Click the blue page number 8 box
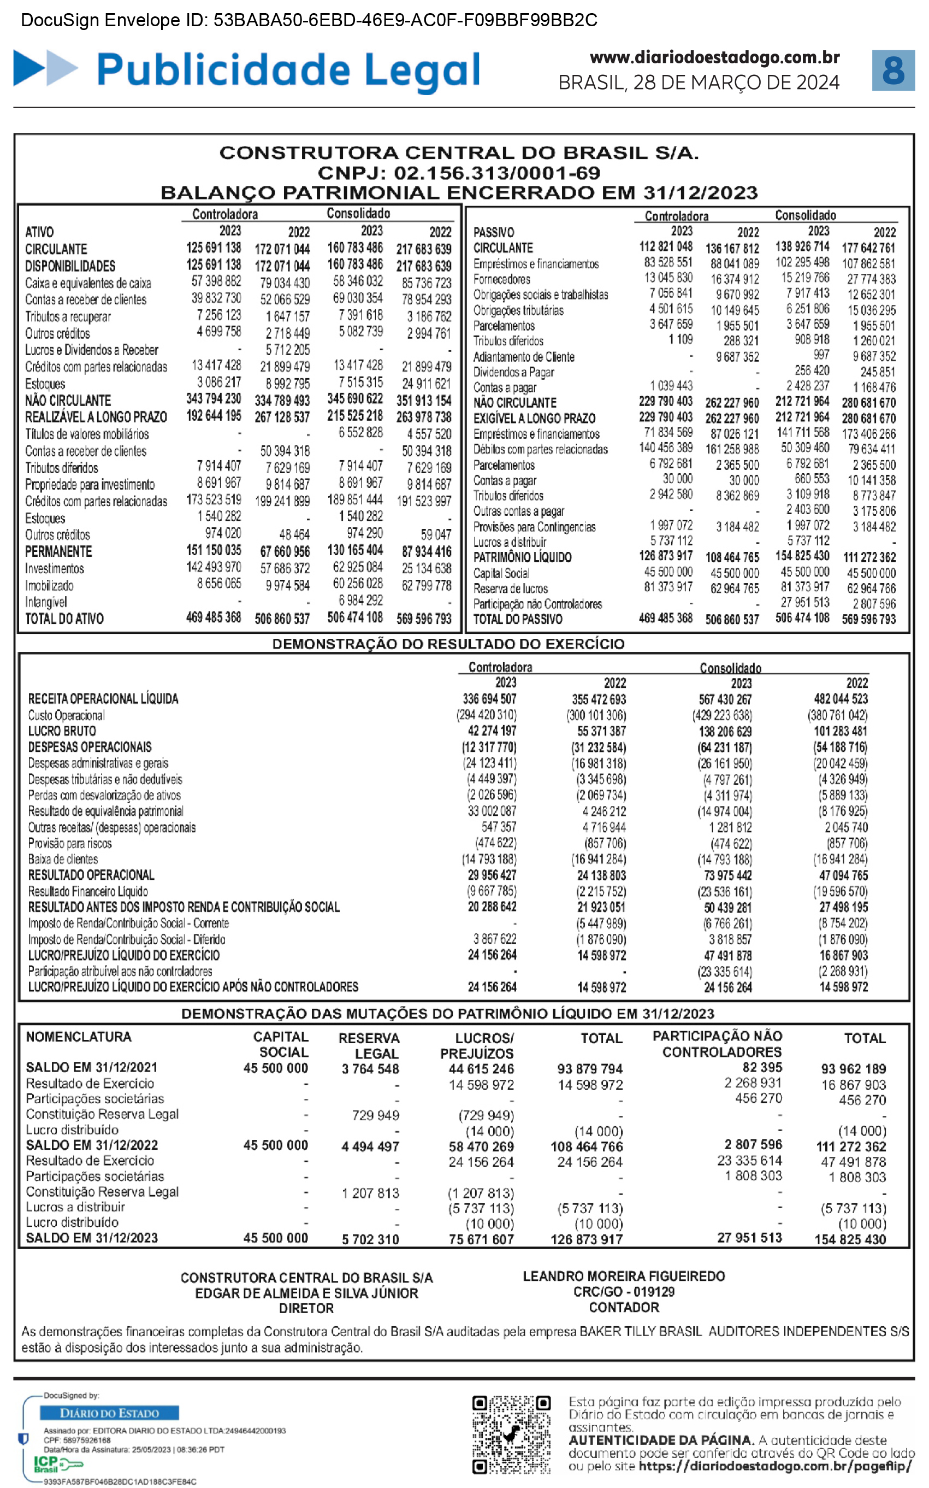(893, 70)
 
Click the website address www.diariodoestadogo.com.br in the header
(714, 57)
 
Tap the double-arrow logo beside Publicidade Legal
(45, 68)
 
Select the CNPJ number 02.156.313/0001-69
(496, 173)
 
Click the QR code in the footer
(511, 1434)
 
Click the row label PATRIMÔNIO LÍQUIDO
(522, 557)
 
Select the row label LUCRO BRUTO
(62, 731)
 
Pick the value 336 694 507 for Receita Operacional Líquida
(489, 699)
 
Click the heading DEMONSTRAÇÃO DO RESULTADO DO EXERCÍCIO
(448, 644)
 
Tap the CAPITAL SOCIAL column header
(281, 1044)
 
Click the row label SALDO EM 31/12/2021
(92, 1067)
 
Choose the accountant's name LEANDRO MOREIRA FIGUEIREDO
(624, 1276)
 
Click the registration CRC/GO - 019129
(624, 1291)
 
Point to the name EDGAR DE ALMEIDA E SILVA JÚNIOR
(306, 1293)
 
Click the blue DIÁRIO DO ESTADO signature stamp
(109, 1413)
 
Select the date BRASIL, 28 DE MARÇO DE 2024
(699, 83)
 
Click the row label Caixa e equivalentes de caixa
(88, 284)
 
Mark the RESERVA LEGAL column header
(369, 1045)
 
